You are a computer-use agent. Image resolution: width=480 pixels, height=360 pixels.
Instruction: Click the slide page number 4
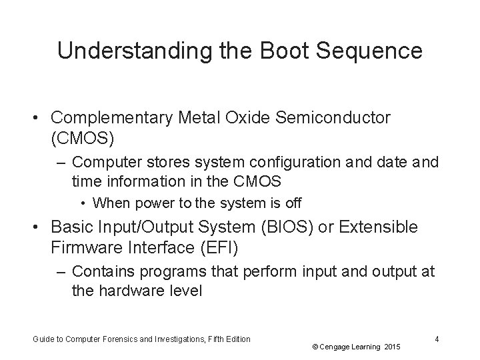pyautogui.click(x=436, y=339)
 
